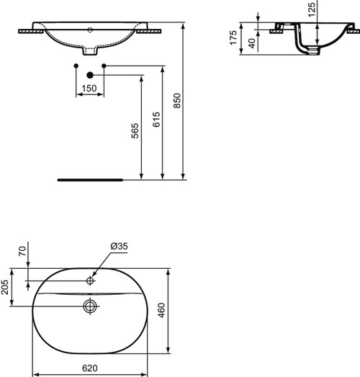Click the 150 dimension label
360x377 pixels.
point(89,88)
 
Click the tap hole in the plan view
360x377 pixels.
point(90,280)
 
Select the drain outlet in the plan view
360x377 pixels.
point(90,306)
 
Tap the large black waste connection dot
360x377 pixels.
point(89,74)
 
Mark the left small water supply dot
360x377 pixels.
point(76,66)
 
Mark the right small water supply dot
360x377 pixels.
point(104,66)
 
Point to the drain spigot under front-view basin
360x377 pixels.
point(90,51)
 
